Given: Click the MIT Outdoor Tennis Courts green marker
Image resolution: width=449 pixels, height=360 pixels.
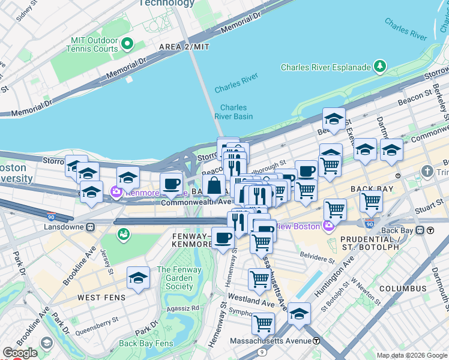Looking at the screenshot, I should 127,44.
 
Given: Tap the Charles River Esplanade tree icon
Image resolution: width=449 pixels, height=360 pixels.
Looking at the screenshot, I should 379,66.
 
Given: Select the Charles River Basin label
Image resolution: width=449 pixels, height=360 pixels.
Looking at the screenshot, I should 234,112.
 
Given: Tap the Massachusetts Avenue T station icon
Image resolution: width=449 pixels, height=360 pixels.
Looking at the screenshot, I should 316,341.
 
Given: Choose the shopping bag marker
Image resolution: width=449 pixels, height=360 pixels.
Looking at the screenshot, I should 214,186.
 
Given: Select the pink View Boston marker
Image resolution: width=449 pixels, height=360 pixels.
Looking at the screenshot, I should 327,226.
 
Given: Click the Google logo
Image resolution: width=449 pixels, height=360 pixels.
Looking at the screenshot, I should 20,352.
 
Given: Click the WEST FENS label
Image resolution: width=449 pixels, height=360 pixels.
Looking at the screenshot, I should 101,298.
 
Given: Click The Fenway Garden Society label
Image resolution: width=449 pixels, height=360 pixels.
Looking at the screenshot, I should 175,278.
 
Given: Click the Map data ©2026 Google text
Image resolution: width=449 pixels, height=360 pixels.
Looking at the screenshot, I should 411,355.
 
